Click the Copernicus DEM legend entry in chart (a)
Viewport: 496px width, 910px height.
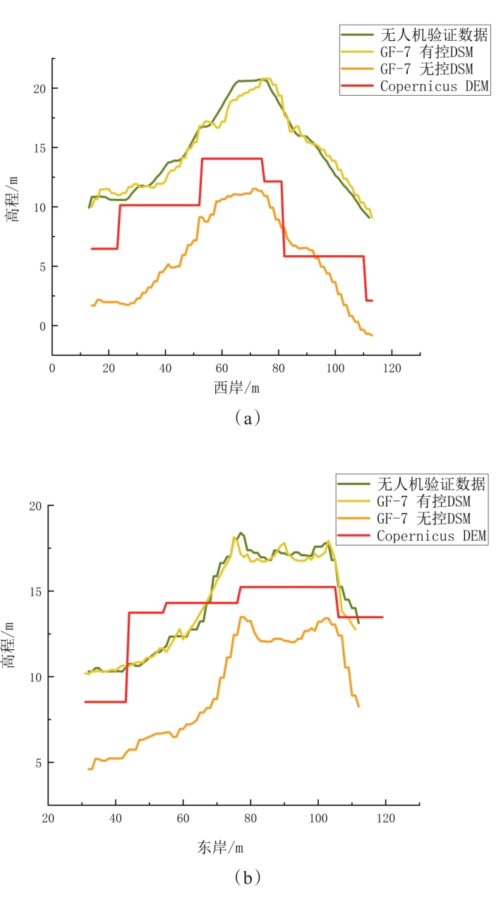coord(434,86)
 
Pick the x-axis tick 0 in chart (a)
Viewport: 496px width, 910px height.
coord(52,368)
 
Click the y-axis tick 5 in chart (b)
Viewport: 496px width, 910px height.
coord(37,763)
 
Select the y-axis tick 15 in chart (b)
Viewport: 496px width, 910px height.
coord(33,591)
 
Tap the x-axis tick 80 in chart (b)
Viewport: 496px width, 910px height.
coord(250,818)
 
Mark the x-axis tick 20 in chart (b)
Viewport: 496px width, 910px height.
coord(48,818)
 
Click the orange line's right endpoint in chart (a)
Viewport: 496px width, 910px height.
coord(372,335)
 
